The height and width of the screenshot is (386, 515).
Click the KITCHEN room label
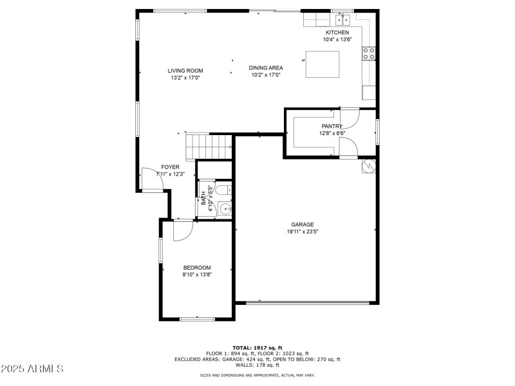[337, 32]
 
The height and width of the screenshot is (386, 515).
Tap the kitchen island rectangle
[323, 64]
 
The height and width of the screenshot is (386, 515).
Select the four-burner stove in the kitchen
[370, 54]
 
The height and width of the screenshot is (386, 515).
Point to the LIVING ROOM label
[185, 71]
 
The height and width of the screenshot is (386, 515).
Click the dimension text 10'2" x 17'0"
[266, 75]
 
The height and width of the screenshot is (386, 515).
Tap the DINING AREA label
[266, 68]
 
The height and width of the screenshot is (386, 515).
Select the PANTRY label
[332, 126]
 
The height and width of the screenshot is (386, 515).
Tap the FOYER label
[170, 167]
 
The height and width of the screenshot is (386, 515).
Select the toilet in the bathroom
[223, 190]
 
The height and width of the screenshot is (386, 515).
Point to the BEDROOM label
[196, 268]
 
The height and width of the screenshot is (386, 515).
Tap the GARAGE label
[302, 225]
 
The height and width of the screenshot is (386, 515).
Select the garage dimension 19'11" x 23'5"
[302, 232]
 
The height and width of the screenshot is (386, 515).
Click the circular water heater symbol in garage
[369, 166]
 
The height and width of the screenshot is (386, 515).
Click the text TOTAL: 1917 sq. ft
[257, 347]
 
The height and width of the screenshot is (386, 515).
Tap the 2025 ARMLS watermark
[32, 369]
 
